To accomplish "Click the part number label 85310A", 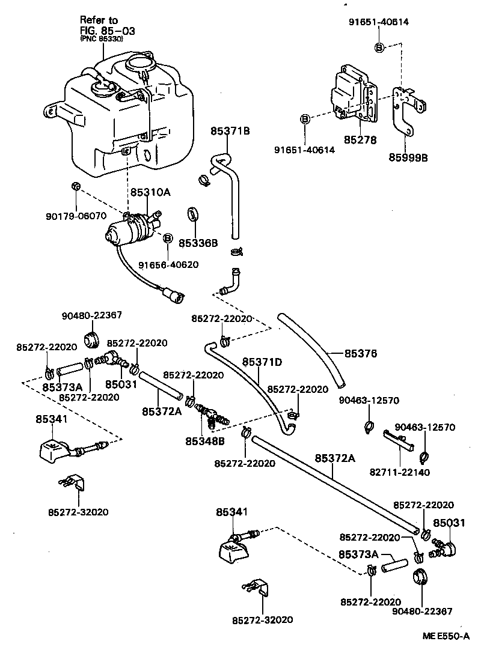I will tap(150, 193).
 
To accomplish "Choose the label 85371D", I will tap(262, 362).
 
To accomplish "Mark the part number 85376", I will tap(361, 354).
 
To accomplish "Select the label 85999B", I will tap(408, 159).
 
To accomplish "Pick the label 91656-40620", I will tap(168, 264).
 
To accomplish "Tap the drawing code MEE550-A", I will tap(445, 636).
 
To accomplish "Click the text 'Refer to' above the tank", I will tap(100, 20).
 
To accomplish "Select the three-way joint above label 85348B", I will tap(210, 413).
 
